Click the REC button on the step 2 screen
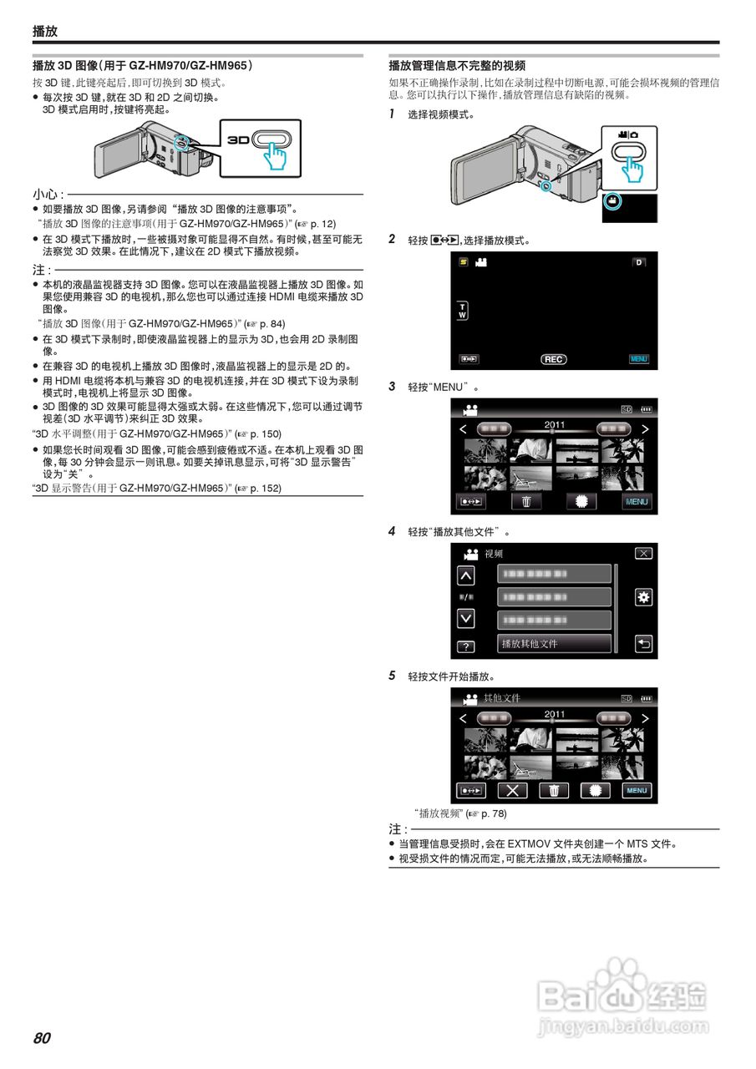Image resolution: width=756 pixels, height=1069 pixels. coord(553,359)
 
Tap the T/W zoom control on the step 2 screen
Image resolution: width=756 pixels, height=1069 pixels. coord(464,311)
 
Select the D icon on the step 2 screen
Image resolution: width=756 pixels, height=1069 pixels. coord(639,262)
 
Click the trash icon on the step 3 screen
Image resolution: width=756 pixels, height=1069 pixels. coord(526,502)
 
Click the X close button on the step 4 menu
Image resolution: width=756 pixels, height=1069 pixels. coord(643,554)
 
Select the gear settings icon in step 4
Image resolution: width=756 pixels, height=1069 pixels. coord(643,597)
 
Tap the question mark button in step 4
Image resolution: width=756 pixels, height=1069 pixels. coord(465,646)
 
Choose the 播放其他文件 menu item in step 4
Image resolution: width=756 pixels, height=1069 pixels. coord(555,644)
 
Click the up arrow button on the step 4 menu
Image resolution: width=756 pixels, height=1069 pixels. coord(465,575)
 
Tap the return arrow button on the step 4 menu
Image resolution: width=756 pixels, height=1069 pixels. coord(643,644)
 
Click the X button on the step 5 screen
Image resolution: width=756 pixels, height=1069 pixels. coord(512,791)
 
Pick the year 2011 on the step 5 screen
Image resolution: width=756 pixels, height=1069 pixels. coord(555,714)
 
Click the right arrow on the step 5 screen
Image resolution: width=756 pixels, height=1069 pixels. coord(645,717)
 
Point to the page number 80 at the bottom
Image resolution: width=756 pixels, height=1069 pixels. coord(42,1038)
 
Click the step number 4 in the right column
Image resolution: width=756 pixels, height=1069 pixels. coord(393,531)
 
